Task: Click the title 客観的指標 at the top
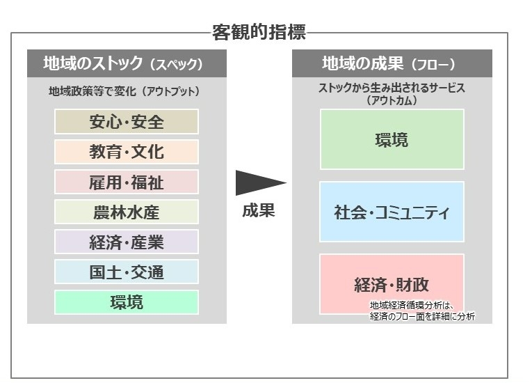259,32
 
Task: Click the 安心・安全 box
127,122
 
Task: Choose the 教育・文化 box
127,152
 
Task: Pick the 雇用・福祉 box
127,182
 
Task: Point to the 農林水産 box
127,212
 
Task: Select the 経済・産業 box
127,242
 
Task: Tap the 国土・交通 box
127,272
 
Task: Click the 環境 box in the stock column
127,302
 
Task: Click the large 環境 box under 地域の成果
392,139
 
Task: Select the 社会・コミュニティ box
392,212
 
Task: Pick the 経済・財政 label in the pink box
392,284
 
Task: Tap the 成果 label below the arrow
259,210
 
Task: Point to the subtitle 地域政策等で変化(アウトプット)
124,91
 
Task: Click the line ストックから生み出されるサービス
392,88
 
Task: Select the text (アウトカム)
392,100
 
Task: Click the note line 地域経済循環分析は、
412,305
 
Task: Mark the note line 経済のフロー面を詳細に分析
422,316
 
